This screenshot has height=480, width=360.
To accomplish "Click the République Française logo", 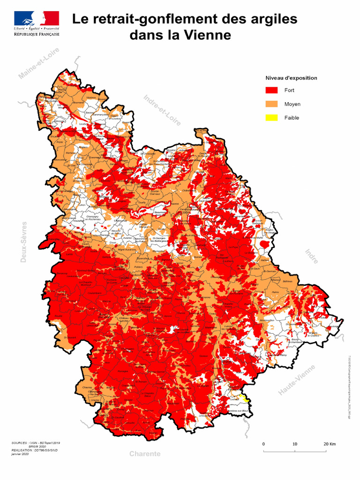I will (37, 24).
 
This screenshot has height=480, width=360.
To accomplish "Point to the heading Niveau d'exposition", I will (291, 78).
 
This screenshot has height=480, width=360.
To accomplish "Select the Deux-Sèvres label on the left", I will (24, 242).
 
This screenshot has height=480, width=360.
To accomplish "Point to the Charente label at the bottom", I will (145, 454).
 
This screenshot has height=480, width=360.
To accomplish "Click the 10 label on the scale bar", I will (295, 444).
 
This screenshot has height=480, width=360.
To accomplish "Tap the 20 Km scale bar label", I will (329, 444).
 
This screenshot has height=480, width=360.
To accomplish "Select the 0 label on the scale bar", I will (263, 444).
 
